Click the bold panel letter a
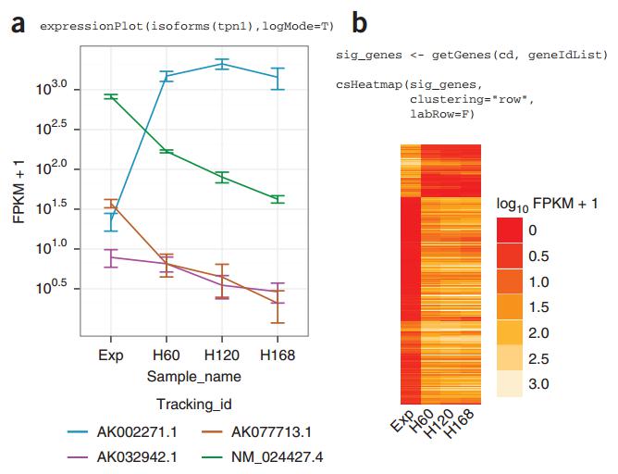(18, 24)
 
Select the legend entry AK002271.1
(133, 432)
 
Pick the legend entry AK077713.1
(270, 432)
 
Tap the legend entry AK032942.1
(133, 456)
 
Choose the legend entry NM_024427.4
(275, 456)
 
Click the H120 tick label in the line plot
(220, 355)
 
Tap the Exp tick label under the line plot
(110, 355)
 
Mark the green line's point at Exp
(110, 96)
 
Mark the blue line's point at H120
(220, 64)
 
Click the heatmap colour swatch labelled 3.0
(511, 382)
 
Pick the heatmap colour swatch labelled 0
(511, 230)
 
